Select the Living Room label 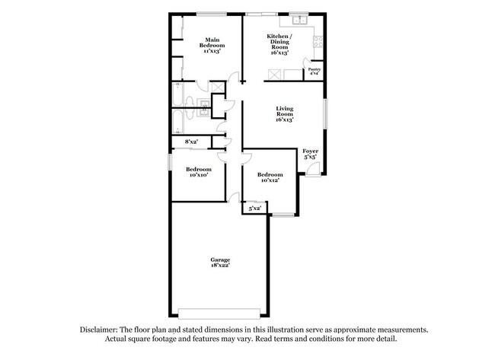[x=285, y=114]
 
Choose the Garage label [x=221, y=262]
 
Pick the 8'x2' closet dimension [x=191, y=142]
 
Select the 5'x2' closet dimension [x=254, y=207]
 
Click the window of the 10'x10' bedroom [x=170, y=162]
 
